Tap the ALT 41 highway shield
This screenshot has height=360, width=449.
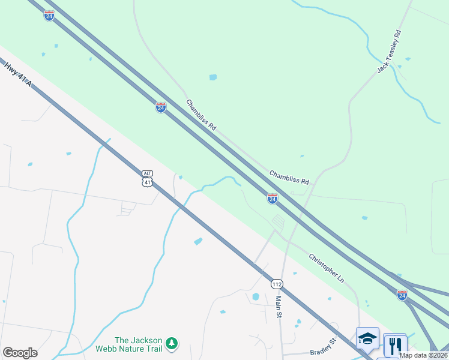(148, 176)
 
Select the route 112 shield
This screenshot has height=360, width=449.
(276, 283)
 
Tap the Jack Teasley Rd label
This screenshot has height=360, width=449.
(388, 50)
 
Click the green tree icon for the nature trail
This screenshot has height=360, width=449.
(172, 343)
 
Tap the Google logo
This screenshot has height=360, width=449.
(20, 353)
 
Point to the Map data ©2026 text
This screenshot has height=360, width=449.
(423, 355)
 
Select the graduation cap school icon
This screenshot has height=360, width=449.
(367, 338)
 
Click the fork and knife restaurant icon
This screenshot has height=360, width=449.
(394, 345)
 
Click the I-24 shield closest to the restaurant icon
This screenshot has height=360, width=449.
(402, 295)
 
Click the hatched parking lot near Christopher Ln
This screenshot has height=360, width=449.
(278, 221)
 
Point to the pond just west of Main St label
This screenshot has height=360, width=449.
(256, 296)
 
